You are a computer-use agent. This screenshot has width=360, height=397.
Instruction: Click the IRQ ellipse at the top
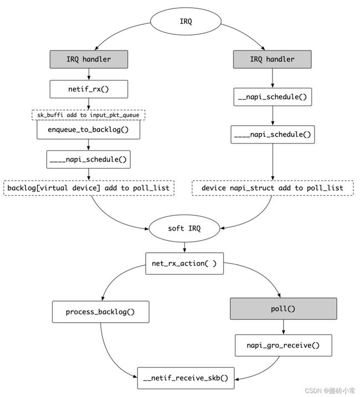[186, 21]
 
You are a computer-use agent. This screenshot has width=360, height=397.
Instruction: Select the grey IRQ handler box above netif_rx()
[89, 59]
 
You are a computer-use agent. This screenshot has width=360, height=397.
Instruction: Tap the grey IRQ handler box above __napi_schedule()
[272, 59]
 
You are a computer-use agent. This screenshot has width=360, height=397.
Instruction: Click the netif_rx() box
[89, 89]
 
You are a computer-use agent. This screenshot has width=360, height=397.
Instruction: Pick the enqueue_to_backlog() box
[88, 130]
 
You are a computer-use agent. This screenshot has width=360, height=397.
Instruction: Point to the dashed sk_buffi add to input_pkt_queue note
[88, 115]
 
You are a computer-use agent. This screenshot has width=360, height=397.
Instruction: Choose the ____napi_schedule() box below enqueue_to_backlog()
[88, 160]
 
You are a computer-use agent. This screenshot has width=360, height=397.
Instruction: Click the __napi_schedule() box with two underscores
[272, 97]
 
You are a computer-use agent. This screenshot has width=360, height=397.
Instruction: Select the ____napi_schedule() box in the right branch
[272, 134]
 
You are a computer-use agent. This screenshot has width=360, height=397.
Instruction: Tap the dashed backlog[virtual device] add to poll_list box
[89, 188]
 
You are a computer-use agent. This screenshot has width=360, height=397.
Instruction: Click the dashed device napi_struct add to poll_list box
[272, 188]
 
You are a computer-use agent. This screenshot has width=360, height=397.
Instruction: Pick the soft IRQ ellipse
[184, 228]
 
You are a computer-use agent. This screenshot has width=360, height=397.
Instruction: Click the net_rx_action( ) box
[184, 263]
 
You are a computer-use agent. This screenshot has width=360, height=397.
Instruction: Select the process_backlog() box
[101, 312]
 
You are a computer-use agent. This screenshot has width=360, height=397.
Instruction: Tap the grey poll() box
[284, 309]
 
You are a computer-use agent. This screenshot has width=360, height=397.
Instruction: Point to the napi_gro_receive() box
[284, 345]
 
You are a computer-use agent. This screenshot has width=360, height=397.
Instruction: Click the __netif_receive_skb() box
[186, 378]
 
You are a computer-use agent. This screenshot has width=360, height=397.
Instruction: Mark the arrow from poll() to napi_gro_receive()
[284, 327]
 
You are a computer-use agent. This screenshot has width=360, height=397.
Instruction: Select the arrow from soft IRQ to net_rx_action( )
[184, 247]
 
